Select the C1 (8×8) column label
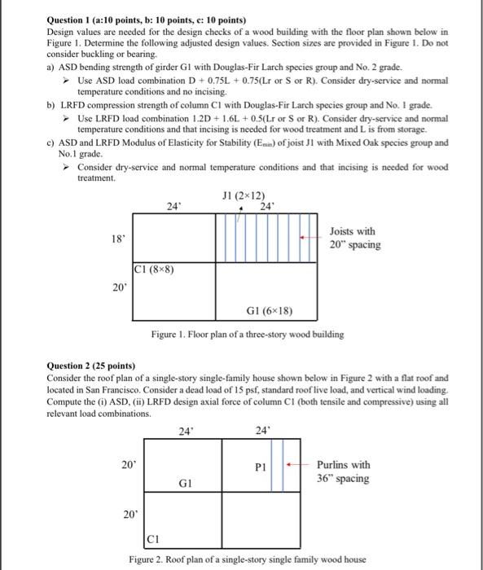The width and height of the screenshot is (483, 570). [154, 269]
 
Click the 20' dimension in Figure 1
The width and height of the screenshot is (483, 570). [118, 287]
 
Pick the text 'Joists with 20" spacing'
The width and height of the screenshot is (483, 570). [353, 238]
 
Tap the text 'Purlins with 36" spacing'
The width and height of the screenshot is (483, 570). [343, 471]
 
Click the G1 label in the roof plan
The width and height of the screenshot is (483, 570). [185, 483]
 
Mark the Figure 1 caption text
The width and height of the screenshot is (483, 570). [248, 335]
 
